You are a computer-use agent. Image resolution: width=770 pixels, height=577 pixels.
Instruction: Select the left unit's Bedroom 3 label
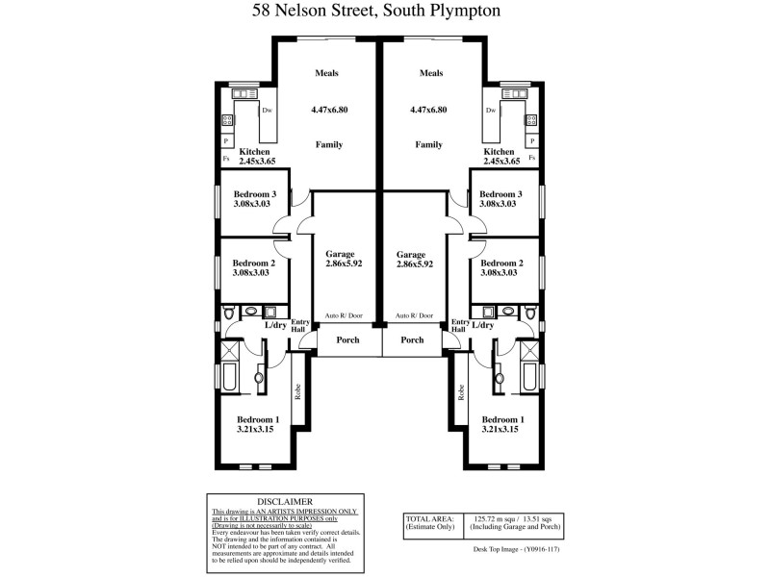pos(255,194)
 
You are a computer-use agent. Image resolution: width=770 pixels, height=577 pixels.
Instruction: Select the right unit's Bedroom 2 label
pos(501,263)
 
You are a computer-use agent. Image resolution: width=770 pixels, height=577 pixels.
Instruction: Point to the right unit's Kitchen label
pos(500,153)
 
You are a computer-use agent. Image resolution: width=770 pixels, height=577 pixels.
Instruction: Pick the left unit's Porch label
pos(347,339)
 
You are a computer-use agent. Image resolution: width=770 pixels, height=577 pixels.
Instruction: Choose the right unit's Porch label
pos(412,339)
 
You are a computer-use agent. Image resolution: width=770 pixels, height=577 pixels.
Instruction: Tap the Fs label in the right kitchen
pos(531,158)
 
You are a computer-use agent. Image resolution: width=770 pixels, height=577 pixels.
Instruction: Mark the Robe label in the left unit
pos(298,391)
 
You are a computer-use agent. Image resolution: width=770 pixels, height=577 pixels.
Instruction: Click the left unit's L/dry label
pos(275,325)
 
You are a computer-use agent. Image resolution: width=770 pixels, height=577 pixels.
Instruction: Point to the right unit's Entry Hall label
pos(459,326)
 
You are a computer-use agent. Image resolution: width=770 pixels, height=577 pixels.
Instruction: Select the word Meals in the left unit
pos(327,73)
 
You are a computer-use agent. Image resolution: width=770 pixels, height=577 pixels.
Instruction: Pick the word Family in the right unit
pos(428,145)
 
